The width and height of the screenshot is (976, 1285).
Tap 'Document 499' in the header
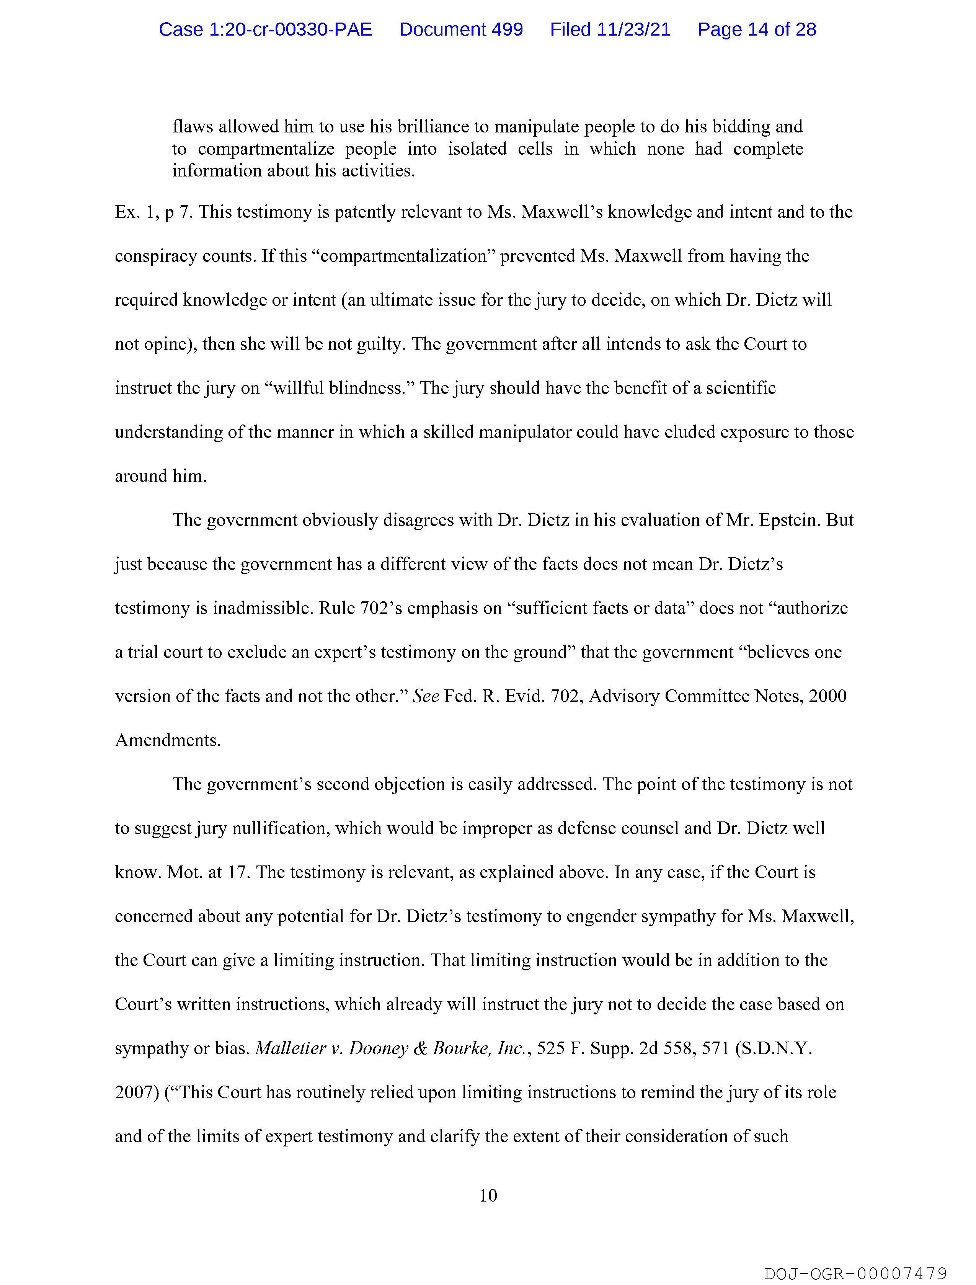click(461, 29)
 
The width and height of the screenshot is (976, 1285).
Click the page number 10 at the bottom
click(488, 1195)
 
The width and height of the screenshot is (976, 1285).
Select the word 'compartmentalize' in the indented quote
click(266, 149)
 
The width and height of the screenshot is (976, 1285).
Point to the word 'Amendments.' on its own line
click(168, 740)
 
